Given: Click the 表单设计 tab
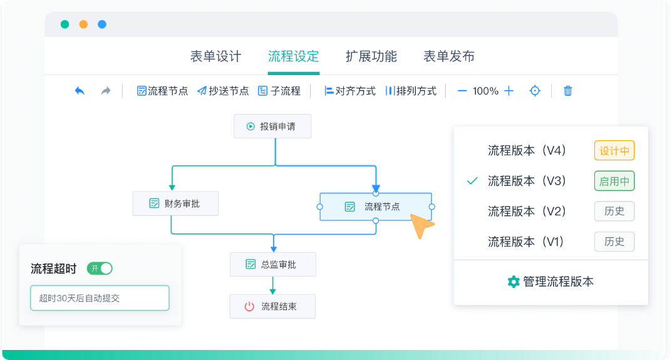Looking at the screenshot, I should (215, 56).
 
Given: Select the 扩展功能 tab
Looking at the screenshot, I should (371, 56).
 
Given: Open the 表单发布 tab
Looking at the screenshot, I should (448, 56).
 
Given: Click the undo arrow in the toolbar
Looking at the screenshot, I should (80, 91).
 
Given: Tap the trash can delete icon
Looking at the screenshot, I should (568, 91).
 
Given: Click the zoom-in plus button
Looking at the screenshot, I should (509, 91).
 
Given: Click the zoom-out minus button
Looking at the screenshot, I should (462, 91).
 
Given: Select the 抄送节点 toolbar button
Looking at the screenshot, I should (223, 91).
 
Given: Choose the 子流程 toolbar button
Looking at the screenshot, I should (279, 91).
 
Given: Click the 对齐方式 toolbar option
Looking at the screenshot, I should (349, 91).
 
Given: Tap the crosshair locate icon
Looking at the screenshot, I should (535, 91).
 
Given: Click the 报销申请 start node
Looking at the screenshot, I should (272, 126).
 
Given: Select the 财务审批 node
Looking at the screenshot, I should (175, 203).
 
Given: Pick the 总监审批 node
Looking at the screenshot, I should (272, 264).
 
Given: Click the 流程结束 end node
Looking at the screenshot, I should (272, 306).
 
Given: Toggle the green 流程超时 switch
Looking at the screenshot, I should (100, 269).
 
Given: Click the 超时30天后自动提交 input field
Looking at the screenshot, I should (100, 298).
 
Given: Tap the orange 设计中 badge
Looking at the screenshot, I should (614, 151).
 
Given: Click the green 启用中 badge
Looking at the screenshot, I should (614, 182).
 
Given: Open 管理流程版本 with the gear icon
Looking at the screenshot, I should (551, 282).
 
